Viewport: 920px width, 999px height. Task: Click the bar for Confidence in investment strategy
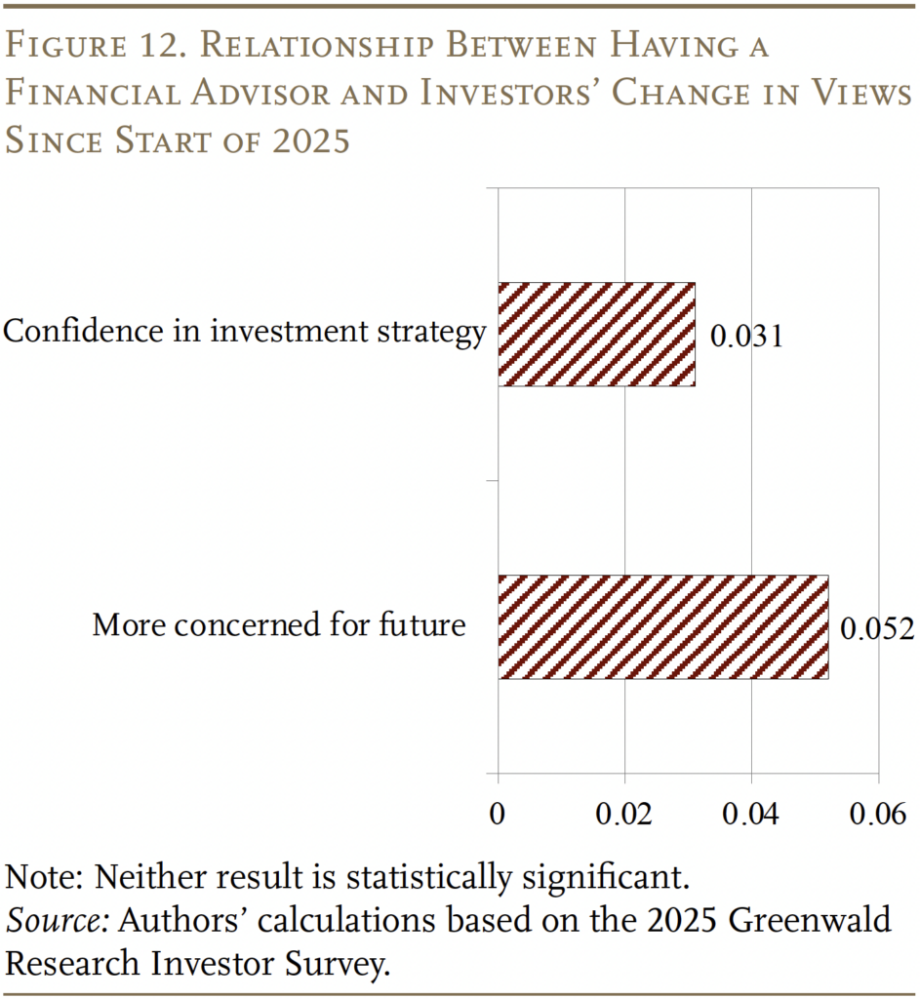click(596, 335)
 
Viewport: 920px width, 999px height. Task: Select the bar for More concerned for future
click(663, 626)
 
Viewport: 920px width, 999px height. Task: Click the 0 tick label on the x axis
click(498, 815)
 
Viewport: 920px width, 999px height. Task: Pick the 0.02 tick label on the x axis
click(624, 815)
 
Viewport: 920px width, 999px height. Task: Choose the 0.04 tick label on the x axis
click(751, 815)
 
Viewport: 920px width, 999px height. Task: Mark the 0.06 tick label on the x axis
click(877, 815)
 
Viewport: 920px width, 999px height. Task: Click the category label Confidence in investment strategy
click(244, 333)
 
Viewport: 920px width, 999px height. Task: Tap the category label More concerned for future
click(279, 624)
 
